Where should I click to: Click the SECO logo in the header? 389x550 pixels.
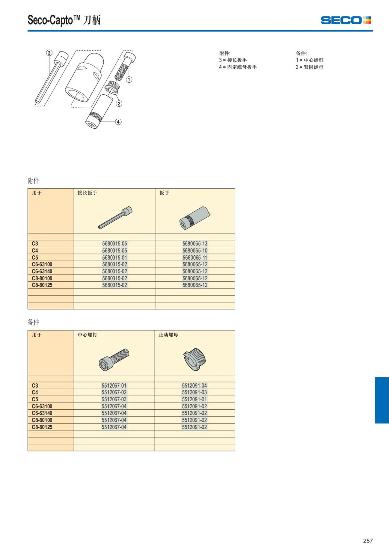[x=346, y=20]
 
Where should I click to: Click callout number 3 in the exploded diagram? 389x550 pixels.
[x=49, y=53]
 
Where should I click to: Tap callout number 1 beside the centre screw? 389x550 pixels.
[x=129, y=79]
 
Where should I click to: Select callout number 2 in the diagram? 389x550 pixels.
[x=119, y=103]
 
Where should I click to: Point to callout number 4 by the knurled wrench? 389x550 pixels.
[x=118, y=122]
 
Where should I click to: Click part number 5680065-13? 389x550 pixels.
[x=195, y=244]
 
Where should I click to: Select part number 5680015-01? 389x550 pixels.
[x=115, y=258]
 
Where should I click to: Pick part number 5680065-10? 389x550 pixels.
[x=195, y=251]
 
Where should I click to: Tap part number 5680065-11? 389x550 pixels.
[x=195, y=258]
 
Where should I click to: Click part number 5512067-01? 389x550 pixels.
[x=114, y=385]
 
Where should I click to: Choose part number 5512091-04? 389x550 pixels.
[x=194, y=385]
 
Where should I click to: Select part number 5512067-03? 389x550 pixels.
[x=114, y=399]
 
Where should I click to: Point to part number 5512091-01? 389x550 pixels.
[x=194, y=399]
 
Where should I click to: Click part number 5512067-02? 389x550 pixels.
[x=114, y=392]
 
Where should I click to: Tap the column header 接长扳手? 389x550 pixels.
[x=88, y=193]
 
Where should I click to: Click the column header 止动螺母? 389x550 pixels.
[x=169, y=335]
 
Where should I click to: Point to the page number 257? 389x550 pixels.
[x=368, y=541]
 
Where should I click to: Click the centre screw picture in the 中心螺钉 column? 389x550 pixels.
[x=114, y=360]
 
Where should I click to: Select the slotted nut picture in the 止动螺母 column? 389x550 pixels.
[x=194, y=359]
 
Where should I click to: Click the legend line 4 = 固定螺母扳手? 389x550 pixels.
[x=238, y=67]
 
